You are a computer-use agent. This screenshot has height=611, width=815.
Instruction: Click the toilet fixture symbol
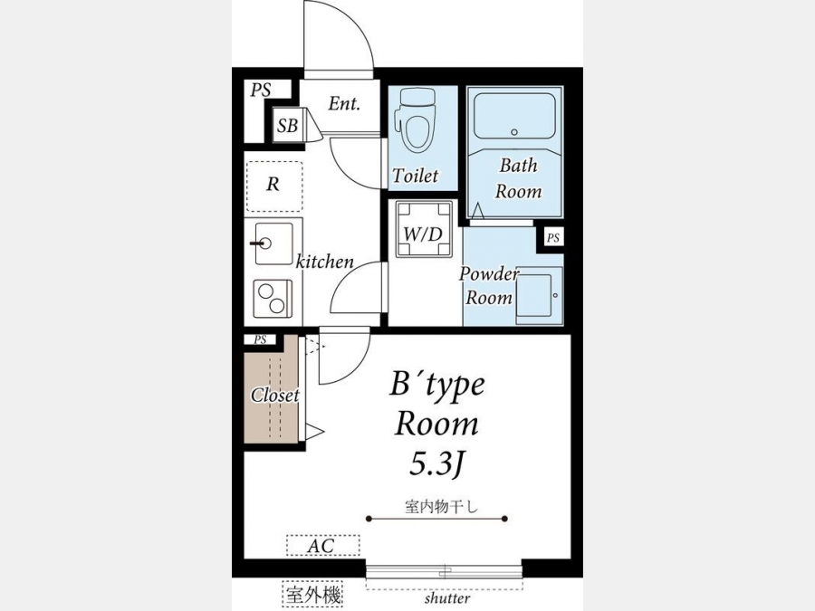pyautogui.click(x=415, y=120)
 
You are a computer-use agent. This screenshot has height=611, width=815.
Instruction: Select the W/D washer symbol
pyautogui.click(x=424, y=229)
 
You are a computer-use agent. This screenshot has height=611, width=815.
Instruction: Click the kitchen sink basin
pyautogui.click(x=273, y=243)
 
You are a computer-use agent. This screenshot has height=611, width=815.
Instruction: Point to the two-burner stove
pyautogui.click(x=273, y=299)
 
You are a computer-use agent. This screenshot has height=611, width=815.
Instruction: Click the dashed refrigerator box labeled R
pyautogui.click(x=274, y=186)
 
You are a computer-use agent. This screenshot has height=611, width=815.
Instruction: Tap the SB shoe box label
pyautogui.click(x=287, y=125)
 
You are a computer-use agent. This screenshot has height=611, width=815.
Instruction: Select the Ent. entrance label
pyautogui.click(x=344, y=104)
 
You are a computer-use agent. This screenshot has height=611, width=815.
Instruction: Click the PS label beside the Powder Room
pyautogui.click(x=553, y=238)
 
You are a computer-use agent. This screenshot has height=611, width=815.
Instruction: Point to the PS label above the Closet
pyautogui.click(x=261, y=339)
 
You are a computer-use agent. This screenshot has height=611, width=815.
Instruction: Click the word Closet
pyautogui.click(x=275, y=396)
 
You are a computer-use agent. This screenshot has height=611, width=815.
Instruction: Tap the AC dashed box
pyautogui.click(x=322, y=546)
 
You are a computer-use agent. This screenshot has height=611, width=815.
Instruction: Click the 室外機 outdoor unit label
pyautogui.click(x=313, y=594)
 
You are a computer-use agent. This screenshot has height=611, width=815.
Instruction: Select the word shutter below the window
pyautogui.click(x=447, y=598)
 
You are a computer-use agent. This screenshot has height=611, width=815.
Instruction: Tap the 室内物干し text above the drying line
pyautogui.click(x=441, y=506)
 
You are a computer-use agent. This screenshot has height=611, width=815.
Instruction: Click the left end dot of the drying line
pyautogui.click(x=369, y=519)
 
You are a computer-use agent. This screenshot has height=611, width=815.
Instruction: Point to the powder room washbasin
pyautogui.click(x=540, y=296)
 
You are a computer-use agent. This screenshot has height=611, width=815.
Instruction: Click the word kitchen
pyautogui.click(x=325, y=262)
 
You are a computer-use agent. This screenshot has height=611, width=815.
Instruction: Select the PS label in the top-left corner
pyautogui.click(x=261, y=90)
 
